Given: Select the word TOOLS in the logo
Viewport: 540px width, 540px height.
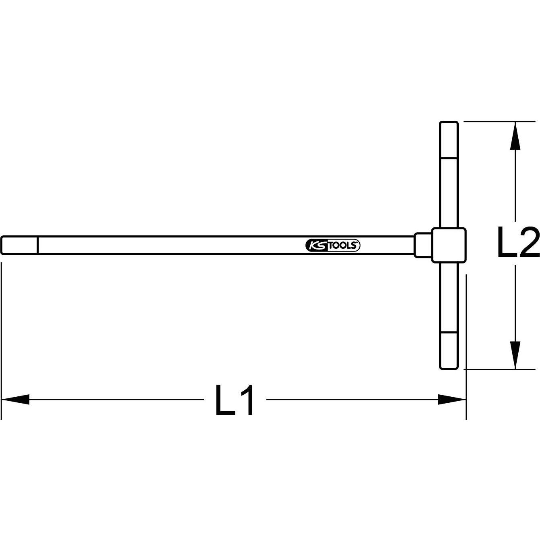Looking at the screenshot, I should tap(344, 245).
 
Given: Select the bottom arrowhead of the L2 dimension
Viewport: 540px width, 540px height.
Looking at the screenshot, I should tap(515, 355).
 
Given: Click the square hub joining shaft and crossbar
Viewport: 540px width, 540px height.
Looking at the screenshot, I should tap(449, 245).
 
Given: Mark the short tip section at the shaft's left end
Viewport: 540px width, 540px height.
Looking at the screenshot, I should tap(19, 245).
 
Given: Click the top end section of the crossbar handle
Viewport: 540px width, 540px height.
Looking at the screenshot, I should tap(448, 140).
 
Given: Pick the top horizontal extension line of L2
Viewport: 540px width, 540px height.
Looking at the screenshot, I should tap(499, 122).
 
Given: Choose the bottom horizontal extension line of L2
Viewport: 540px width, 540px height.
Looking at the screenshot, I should tap(499, 369).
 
